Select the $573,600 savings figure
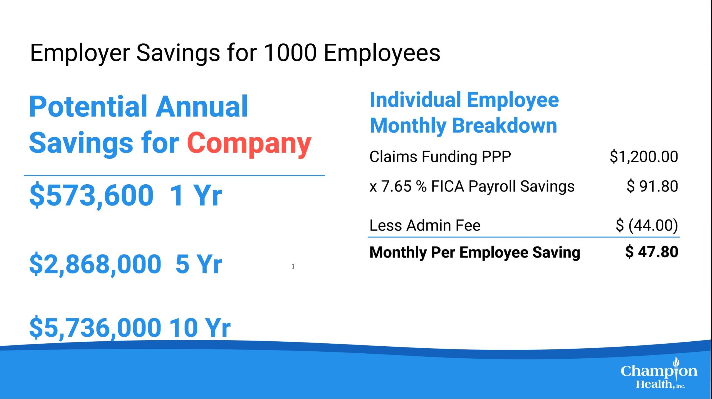92,195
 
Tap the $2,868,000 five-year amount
95,264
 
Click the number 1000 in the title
290,53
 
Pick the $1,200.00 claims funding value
644,156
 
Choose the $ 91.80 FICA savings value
652,186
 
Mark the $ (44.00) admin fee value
647,225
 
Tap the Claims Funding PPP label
440,156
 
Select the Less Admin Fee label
425,225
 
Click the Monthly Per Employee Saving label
475,253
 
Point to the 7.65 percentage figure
396,186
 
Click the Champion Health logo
659,373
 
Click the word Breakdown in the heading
505,126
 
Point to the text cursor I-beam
293,266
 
